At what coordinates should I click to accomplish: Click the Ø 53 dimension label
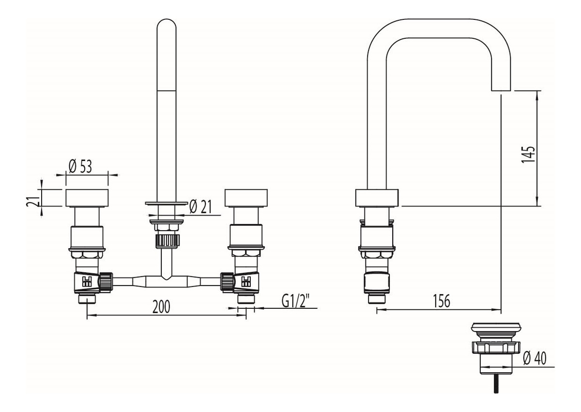pyautogui.click(x=80, y=167)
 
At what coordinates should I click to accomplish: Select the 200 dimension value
pyautogui.click(x=161, y=307)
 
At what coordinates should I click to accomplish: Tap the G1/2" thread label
pyautogui.click(x=296, y=301)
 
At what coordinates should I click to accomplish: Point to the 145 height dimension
pyautogui.click(x=528, y=155)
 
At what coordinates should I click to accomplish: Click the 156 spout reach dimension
pyautogui.click(x=442, y=301)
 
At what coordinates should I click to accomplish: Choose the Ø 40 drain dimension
pyautogui.click(x=535, y=359)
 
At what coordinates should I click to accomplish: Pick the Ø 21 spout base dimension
pyautogui.click(x=200, y=206)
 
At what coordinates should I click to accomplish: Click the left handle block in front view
pyautogui.click(x=87, y=198)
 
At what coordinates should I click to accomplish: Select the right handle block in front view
pyautogui.click(x=246, y=198)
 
